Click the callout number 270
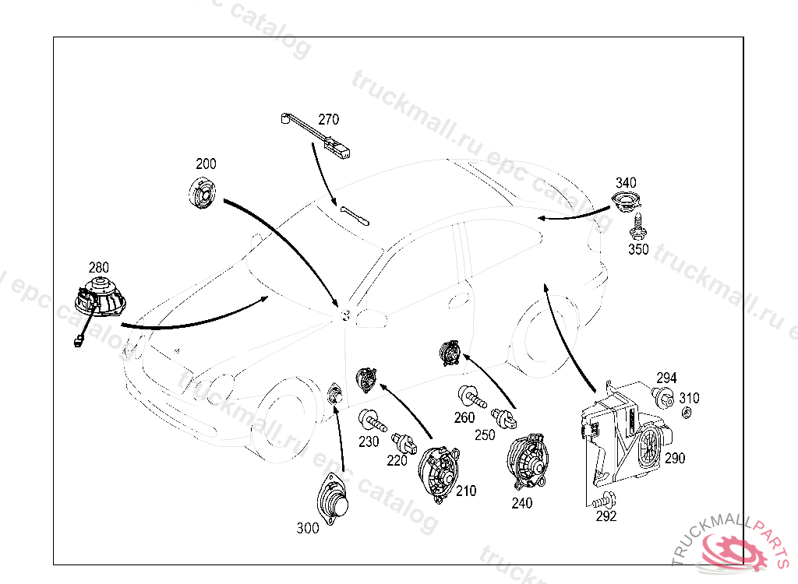tap(328, 120)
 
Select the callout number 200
tap(206, 164)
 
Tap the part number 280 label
tap(98, 266)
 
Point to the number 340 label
tap(625, 182)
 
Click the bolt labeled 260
tap(471, 398)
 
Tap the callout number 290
tap(675, 459)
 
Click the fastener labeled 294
tap(664, 400)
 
